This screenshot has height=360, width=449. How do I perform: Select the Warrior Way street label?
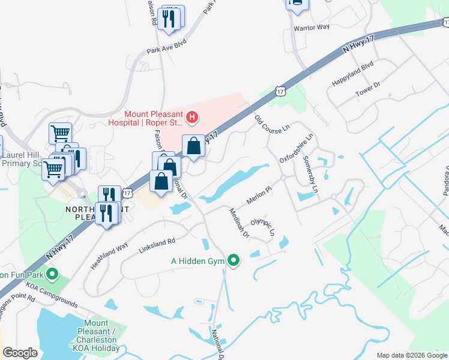312,28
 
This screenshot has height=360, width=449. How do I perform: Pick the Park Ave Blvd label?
164,52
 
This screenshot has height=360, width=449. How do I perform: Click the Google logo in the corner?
20,352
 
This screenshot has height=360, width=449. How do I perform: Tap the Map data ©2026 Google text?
411,355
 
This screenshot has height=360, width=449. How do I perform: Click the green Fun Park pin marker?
52,275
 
